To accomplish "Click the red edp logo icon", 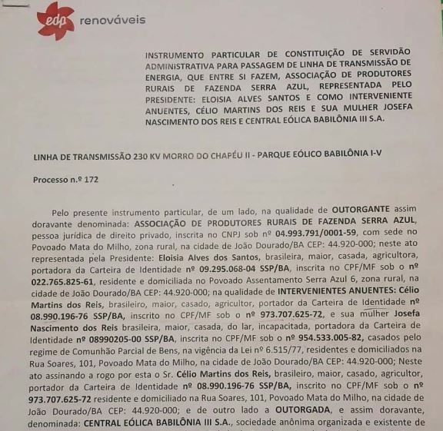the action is tap(55, 20).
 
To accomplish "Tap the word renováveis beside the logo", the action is tap(112, 20).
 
